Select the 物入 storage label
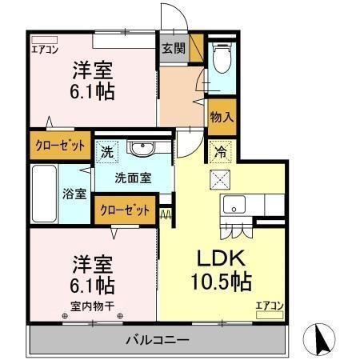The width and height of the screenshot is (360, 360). [x=222, y=117]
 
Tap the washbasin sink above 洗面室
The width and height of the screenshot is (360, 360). [x=143, y=148]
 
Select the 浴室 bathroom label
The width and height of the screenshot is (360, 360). [x=76, y=194]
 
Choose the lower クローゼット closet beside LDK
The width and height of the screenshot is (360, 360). [x=126, y=211]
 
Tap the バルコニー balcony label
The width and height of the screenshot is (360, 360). [x=157, y=340]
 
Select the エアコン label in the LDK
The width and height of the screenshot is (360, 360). [x=269, y=305]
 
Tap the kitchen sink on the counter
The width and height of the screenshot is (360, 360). [x=234, y=203]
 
